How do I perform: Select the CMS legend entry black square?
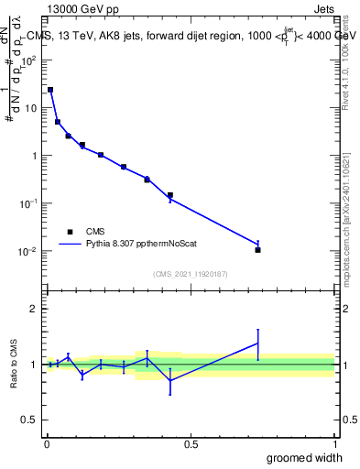click(x=68, y=232)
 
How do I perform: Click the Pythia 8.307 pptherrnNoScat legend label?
click(x=142, y=245)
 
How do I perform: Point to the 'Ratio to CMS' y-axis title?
click(x=14, y=365)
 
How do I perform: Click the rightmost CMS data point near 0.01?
click(x=258, y=250)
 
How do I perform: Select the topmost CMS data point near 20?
click(x=50, y=90)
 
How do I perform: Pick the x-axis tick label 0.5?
click(x=191, y=443)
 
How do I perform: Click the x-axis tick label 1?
click(x=334, y=443)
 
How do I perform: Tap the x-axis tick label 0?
click(x=47, y=443)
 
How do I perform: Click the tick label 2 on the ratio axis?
click(x=34, y=309)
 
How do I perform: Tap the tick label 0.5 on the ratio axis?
click(x=29, y=420)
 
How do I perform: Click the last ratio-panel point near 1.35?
click(x=258, y=344)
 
